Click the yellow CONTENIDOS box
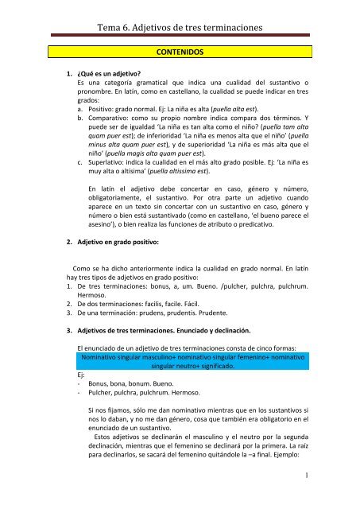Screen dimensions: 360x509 (180, 53)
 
